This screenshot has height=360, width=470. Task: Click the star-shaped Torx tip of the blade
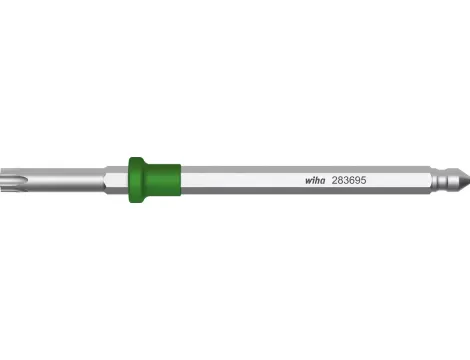(10, 180)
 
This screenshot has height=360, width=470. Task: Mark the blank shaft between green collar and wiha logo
(240, 180)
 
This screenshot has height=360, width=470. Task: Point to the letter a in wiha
(322, 182)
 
